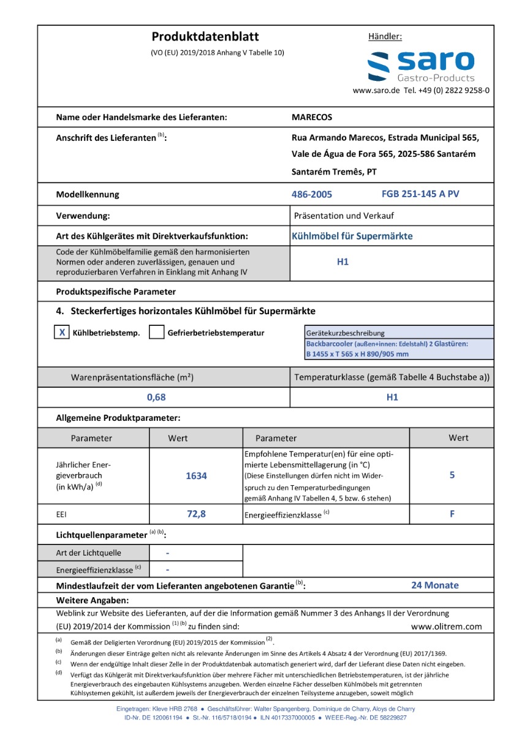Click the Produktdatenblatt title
click(x=205, y=37)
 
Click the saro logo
click(x=421, y=66)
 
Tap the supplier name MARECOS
click(x=312, y=117)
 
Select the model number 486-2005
click(x=312, y=195)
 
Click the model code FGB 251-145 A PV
click(x=420, y=194)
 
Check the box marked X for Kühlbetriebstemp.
click(x=63, y=333)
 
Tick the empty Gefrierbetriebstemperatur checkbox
click(x=157, y=333)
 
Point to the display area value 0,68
click(x=156, y=397)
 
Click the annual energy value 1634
click(x=196, y=475)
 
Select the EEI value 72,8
click(x=196, y=514)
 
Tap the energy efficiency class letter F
click(x=452, y=514)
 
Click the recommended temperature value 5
click(x=452, y=475)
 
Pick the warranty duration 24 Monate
click(x=434, y=586)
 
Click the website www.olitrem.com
click(x=446, y=627)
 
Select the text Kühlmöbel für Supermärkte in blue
click(x=352, y=236)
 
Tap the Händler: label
click(x=385, y=37)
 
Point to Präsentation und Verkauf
click(x=344, y=216)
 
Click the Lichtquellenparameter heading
click(x=102, y=535)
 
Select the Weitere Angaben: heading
click(x=93, y=600)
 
